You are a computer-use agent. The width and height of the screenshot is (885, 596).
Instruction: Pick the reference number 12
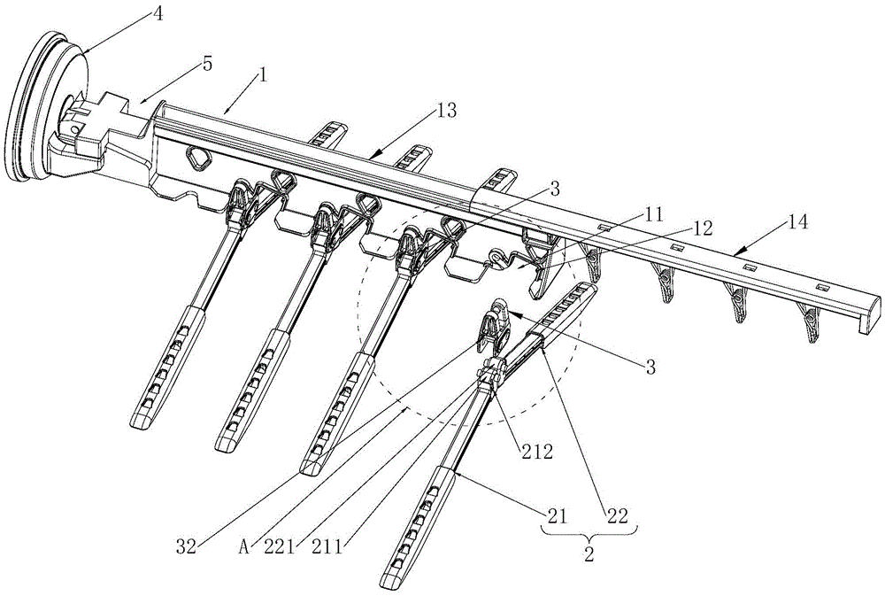701,229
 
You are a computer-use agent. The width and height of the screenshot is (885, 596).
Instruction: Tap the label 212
535,452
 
